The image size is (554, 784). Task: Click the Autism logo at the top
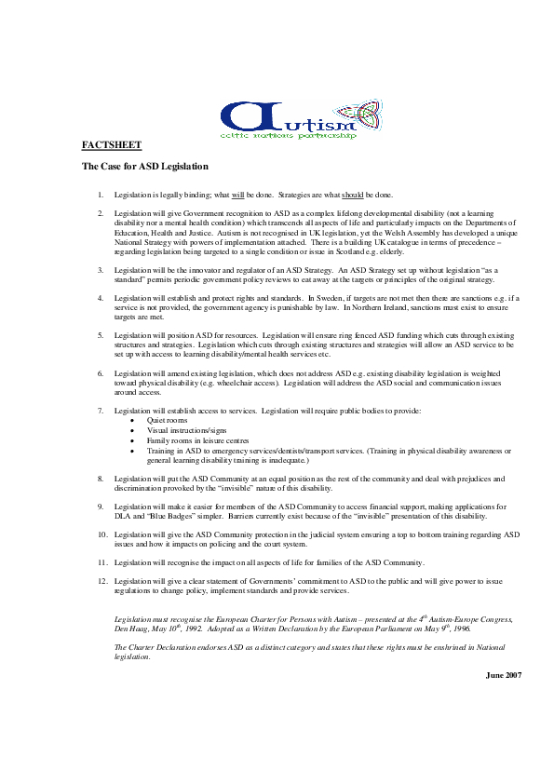[x=288, y=118]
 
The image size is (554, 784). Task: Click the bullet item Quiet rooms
[x=168, y=421]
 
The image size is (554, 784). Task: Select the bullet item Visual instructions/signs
[x=186, y=431]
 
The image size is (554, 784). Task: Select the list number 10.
[x=101, y=535]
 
